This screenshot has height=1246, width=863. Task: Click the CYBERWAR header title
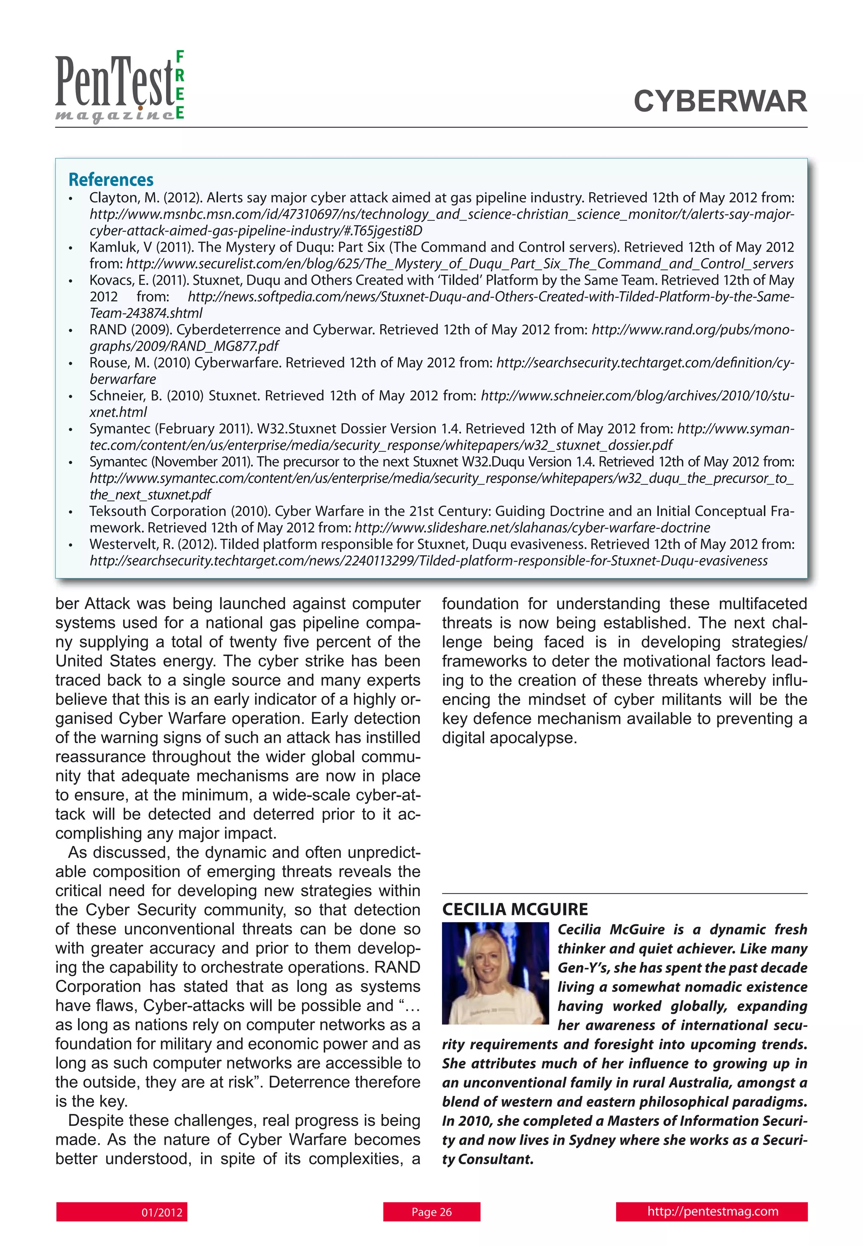click(x=720, y=102)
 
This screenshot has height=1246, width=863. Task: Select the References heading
click(x=111, y=180)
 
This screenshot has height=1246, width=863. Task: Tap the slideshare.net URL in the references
click(x=532, y=528)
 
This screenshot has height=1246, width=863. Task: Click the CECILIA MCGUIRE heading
click(x=515, y=909)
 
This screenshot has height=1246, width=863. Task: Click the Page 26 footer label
click(x=431, y=1212)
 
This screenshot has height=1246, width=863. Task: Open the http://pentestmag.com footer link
click(x=712, y=1211)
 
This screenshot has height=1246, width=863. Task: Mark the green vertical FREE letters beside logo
click(x=180, y=84)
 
